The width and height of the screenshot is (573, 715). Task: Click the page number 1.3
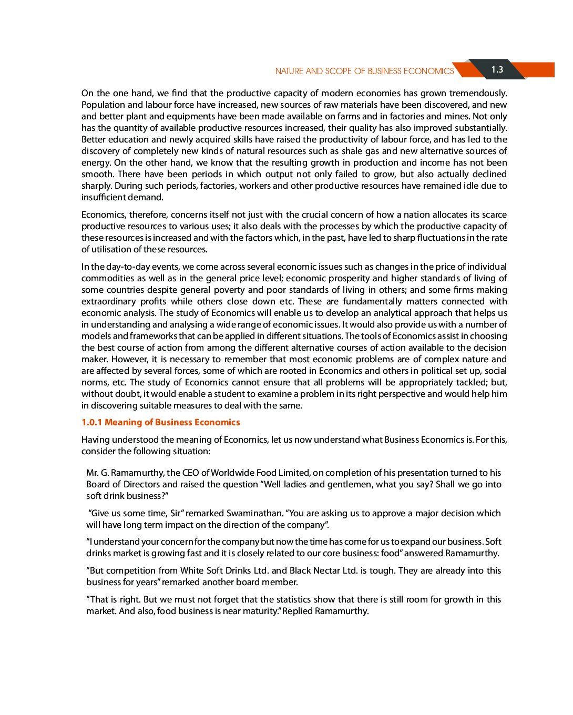pyautogui.click(x=497, y=69)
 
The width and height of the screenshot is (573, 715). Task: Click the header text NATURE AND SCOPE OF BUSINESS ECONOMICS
pyautogui.click(x=364, y=71)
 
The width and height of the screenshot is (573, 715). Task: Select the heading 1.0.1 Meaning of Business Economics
pyautogui.click(x=160, y=422)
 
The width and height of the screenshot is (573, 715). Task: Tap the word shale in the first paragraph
pyautogui.click(x=352, y=151)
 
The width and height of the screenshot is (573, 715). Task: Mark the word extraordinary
pyautogui.click(x=108, y=301)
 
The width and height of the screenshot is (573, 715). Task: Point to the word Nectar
pyautogui.click(x=327, y=570)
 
